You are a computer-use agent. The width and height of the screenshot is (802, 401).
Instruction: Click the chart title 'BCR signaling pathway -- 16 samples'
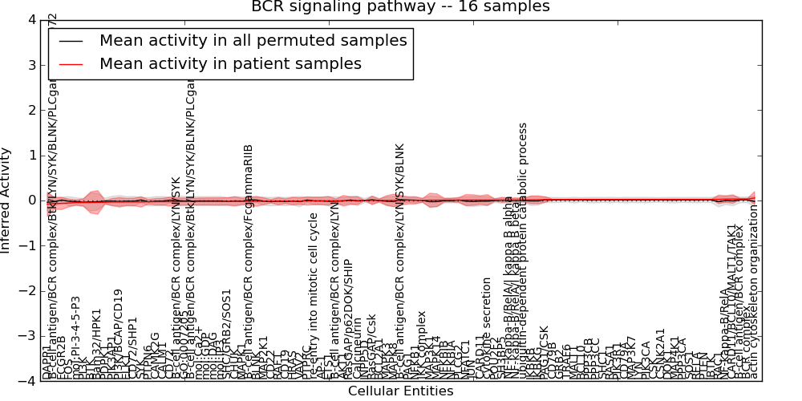click(400, 7)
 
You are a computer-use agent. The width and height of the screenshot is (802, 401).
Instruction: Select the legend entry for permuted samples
click(253, 40)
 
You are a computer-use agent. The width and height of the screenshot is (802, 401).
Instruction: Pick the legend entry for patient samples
click(230, 63)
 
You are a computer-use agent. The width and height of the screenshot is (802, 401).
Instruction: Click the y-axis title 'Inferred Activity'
click(6, 200)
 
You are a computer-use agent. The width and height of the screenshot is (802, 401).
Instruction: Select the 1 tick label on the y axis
click(30, 155)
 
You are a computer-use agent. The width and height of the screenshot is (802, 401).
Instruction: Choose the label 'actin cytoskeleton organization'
click(753, 292)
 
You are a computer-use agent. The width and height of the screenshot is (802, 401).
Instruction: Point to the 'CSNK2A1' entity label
click(661, 353)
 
